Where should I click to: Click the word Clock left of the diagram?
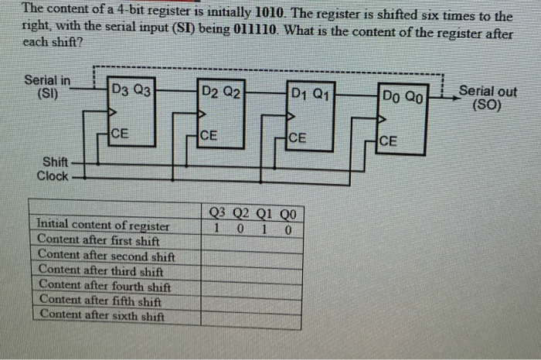[x=53, y=176]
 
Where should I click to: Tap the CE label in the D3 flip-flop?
[x=120, y=134]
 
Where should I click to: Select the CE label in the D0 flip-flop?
[x=389, y=141]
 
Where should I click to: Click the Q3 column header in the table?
[x=219, y=214]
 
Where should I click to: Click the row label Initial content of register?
[x=103, y=226]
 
